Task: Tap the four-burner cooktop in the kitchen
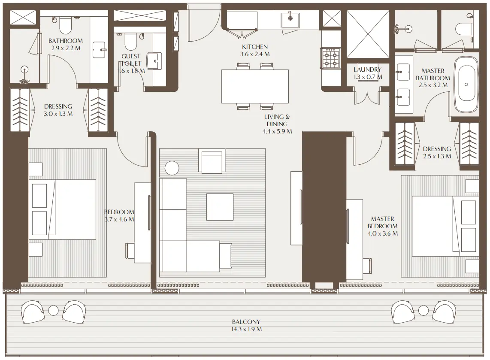click(x=330, y=59)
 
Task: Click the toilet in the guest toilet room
click(x=129, y=42)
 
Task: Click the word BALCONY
click(x=246, y=322)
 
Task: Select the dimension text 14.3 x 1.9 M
click(x=246, y=329)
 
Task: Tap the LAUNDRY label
click(x=367, y=70)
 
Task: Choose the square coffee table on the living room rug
click(x=220, y=206)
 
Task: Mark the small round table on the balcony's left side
click(x=53, y=310)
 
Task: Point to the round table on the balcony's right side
click(x=423, y=310)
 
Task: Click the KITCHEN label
click(x=255, y=47)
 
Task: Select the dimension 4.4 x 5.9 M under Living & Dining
click(x=277, y=131)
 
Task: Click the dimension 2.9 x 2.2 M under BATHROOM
click(x=65, y=48)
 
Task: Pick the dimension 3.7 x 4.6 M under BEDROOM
click(x=119, y=219)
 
